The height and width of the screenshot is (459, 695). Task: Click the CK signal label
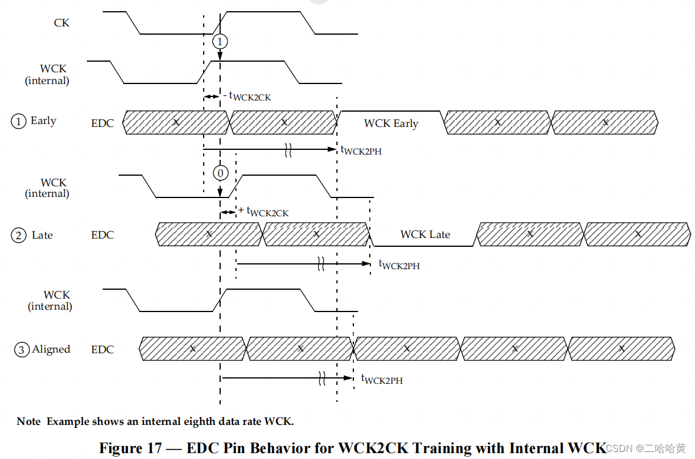click(62, 23)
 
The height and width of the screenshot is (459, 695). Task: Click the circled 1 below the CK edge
click(220, 42)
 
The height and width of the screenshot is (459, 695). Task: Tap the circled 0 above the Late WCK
click(220, 173)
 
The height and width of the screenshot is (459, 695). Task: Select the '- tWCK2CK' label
click(247, 96)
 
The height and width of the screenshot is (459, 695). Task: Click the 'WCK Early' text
click(391, 123)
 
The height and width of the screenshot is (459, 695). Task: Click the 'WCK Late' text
click(425, 234)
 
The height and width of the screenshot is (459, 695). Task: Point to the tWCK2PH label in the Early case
click(361, 150)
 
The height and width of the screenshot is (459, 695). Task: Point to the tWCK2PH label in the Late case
click(399, 265)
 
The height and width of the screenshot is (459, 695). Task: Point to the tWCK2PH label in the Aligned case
click(382, 380)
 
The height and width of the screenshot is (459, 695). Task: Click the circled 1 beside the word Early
click(19, 122)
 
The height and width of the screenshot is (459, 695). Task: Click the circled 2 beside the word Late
click(19, 236)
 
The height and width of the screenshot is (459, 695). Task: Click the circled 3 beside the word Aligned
click(22, 350)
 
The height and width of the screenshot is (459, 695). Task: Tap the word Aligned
click(51, 349)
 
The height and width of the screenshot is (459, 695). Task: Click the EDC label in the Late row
click(103, 235)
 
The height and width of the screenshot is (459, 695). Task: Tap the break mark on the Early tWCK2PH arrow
click(288, 150)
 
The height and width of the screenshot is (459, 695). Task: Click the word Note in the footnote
click(29, 421)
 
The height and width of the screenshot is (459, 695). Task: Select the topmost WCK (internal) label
click(47, 75)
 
